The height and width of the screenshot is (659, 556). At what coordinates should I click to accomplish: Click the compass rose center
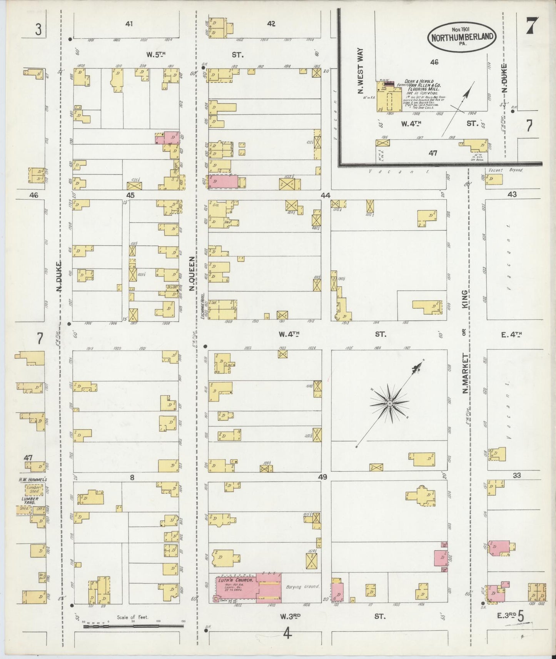pyautogui.click(x=389, y=403)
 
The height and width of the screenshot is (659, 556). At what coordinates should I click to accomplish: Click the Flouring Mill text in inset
pyautogui.click(x=422, y=89)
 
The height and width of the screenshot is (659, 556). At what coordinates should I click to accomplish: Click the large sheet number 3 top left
pyautogui.click(x=38, y=30)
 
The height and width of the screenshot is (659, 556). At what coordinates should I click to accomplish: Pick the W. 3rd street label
pyautogui.click(x=289, y=616)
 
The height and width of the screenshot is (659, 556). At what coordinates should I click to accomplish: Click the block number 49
pyautogui.click(x=322, y=477)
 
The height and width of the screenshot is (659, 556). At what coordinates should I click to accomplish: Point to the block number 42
pyautogui.click(x=271, y=24)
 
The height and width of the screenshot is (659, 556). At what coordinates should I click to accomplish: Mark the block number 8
pyautogui.click(x=132, y=478)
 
